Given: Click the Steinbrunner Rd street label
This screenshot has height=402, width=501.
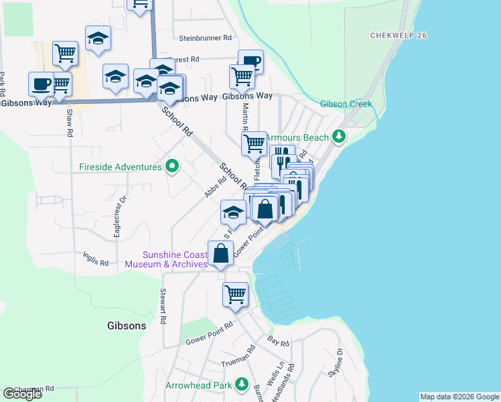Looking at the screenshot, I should (x=205, y=38).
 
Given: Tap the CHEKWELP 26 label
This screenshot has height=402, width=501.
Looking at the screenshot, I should (x=399, y=35).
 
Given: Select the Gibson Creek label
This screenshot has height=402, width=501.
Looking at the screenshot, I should (x=346, y=104).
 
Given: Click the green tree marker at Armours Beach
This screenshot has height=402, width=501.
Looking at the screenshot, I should (x=340, y=137).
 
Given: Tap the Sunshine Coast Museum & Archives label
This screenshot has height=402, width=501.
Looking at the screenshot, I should (x=175, y=259).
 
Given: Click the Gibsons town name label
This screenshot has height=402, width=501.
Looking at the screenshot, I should (x=127, y=326).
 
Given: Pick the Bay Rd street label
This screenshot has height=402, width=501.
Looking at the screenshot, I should (x=278, y=344).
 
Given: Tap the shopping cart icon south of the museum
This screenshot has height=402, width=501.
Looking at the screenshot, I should (x=235, y=294).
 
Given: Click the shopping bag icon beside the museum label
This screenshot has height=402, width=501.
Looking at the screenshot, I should (x=220, y=254).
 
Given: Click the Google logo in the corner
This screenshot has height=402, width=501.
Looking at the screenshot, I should (x=23, y=394).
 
